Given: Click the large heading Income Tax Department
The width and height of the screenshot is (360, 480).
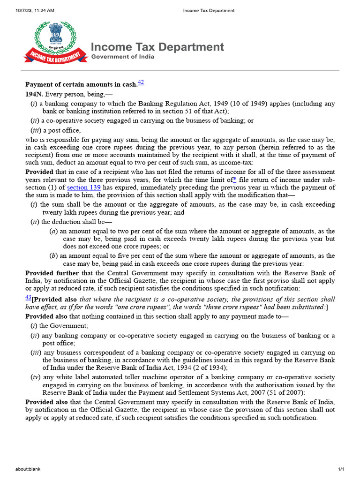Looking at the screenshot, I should (x=157, y=47).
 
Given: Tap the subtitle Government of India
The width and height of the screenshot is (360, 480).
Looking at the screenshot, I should (x=122, y=57).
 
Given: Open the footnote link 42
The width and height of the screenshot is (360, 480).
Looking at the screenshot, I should (x=141, y=82).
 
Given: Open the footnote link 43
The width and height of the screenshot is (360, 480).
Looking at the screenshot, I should (x=28, y=298).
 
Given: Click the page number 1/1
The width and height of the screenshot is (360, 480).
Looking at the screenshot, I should (x=341, y=469).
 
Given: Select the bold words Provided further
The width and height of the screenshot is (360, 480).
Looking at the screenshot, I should (x=52, y=273).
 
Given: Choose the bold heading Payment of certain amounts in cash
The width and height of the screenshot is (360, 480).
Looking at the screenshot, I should (x=81, y=84).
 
